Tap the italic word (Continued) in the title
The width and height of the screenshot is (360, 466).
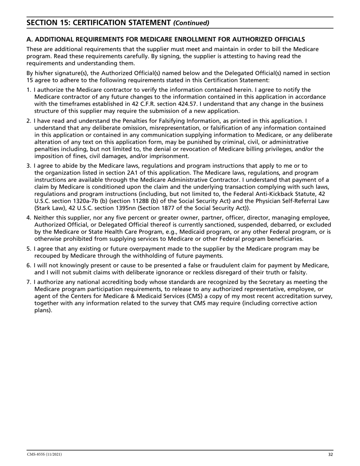[x=191, y=23]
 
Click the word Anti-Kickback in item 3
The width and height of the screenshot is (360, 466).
[x=267, y=194]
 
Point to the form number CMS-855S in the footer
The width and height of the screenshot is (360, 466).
[x=37, y=454]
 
